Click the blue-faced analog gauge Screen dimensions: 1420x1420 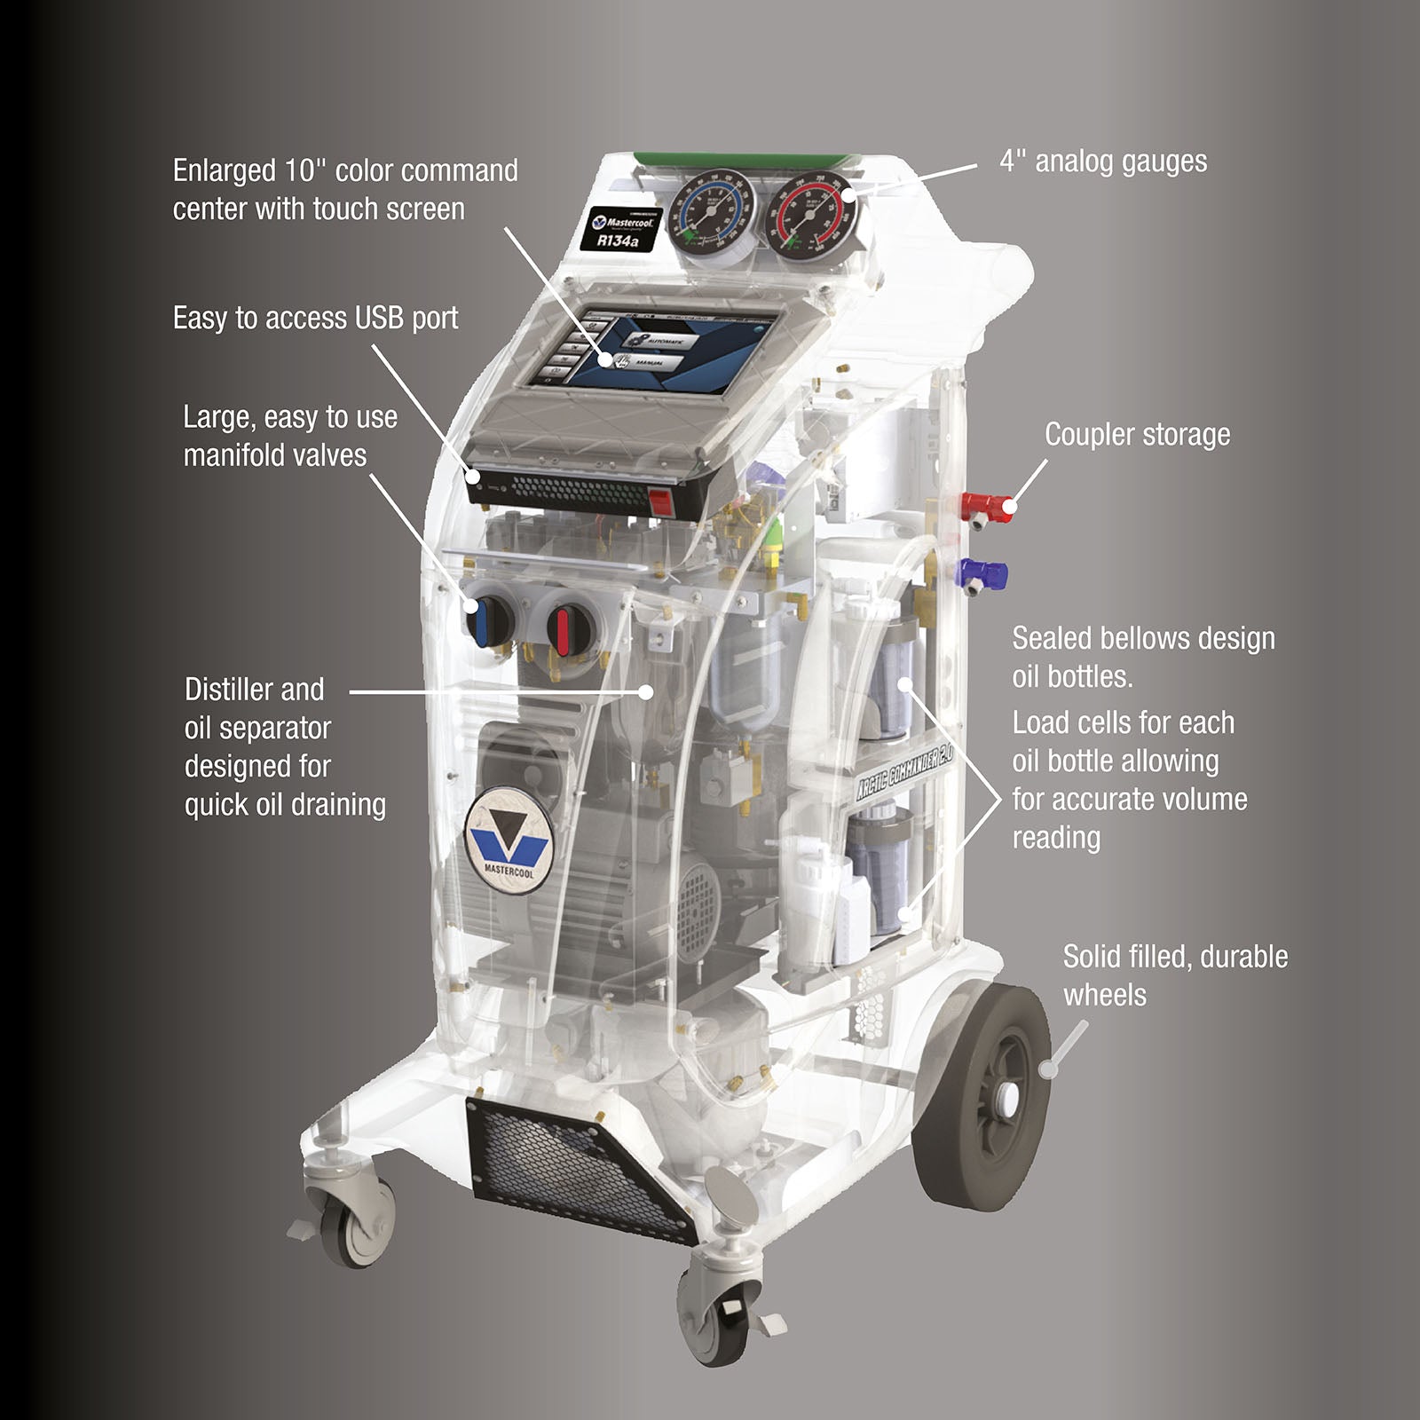tap(709, 207)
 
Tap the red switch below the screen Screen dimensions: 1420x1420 tap(658, 502)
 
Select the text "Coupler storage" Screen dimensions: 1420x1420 tap(1137, 435)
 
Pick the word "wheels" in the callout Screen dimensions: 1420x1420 tap(1104, 995)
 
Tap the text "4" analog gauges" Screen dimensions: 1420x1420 tap(1103, 162)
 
